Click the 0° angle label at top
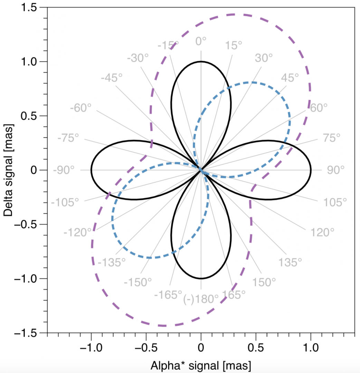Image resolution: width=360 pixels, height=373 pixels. click(x=201, y=41)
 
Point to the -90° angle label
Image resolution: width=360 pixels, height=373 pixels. click(x=64, y=170)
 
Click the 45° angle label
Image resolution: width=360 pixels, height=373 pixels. click(x=290, y=78)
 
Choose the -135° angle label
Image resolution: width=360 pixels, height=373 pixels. click(x=112, y=262)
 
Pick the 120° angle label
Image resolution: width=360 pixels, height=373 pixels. click(x=320, y=232)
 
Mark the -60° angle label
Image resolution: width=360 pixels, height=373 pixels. click(x=81, y=108)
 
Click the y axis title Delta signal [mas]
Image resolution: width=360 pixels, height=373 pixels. click(x=9, y=170)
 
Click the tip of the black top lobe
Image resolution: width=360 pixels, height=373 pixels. click(x=201, y=61)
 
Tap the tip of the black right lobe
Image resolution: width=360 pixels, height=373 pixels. click(x=311, y=170)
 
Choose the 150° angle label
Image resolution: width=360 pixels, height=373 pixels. click(x=264, y=282)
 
